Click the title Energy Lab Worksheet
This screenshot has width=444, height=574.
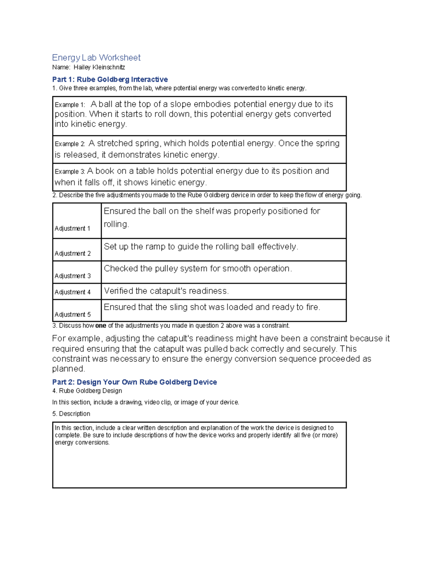pos(96,58)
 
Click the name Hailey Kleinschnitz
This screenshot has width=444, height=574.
pos(99,67)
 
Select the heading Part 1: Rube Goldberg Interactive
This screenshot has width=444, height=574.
pos(110,79)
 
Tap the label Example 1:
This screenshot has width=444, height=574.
pos(70,105)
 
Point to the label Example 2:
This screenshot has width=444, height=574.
pos(70,144)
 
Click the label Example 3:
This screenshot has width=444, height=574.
pos(70,172)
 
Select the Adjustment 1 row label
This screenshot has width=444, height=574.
pos(73,229)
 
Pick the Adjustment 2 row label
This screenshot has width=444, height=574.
pos(73,254)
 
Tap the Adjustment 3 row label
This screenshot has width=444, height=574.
pos(73,276)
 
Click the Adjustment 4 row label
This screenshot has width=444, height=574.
pos(73,292)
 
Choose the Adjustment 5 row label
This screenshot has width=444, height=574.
pos(73,315)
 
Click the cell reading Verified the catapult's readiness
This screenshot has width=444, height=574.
pos(166,291)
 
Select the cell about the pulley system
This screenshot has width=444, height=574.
pos(198,269)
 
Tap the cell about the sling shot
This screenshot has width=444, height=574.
pos(212,308)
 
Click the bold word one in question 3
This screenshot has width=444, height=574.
pos(101,326)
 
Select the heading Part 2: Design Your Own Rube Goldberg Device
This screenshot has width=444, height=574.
pos(134,382)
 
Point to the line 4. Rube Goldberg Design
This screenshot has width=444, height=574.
pos(87,391)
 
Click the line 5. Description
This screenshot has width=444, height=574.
pos(71,414)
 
